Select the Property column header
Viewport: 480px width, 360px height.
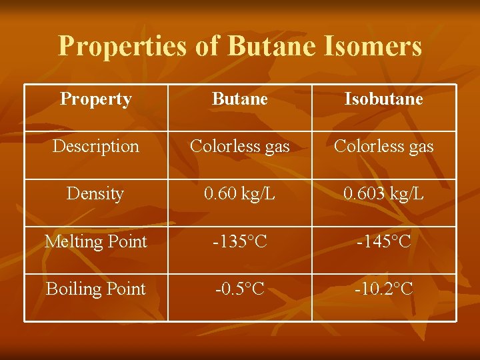[x=96, y=99]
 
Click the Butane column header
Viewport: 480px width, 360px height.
[x=240, y=99]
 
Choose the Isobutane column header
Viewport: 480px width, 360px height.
[x=384, y=99]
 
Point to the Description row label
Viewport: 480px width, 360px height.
[x=96, y=146]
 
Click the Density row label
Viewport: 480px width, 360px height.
[x=96, y=194]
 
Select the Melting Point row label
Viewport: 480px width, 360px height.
[x=96, y=241]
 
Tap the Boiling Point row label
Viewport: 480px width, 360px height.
[x=96, y=289]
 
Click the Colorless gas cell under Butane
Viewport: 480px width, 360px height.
[x=240, y=146]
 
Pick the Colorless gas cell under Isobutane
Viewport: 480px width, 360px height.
[x=384, y=146]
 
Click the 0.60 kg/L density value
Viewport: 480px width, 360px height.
[x=240, y=194]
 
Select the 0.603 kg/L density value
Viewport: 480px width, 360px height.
[x=384, y=194]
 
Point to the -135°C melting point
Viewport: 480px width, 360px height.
[x=240, y=241]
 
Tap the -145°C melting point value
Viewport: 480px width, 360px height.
[x=384, y=241]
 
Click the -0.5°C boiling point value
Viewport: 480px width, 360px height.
[x=240, y=289]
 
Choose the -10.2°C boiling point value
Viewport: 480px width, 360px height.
[x=384, y=289]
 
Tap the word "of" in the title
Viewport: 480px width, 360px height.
[x=208, y=47]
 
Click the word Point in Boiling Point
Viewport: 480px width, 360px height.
[x=124, y=289]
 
